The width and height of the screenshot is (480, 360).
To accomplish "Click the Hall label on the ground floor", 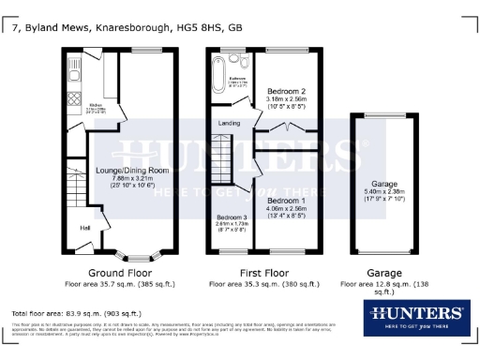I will tap(85, 226).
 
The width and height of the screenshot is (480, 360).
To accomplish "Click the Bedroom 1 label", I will tap(289, 201).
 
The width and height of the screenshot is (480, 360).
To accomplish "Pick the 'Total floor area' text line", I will tap(75, 312).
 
